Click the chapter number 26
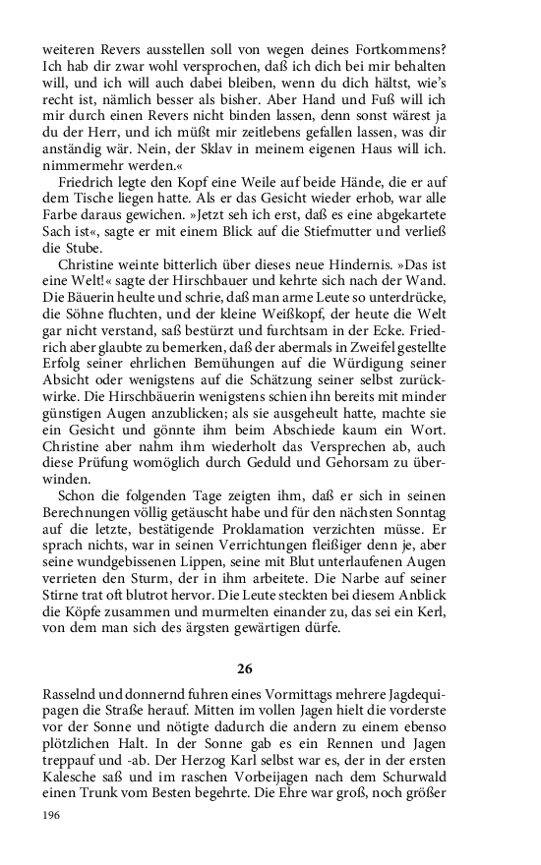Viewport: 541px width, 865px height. pos(245,668)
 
